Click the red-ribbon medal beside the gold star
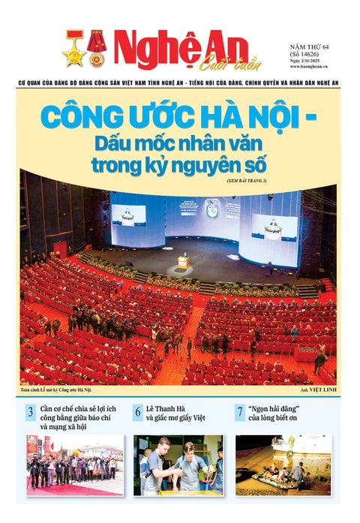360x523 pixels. click(x=95, y=46)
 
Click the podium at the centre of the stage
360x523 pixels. click(x=182, y=262)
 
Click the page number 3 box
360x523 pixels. click(x=31, y=411)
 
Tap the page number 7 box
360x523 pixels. click(x=239, y=411)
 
